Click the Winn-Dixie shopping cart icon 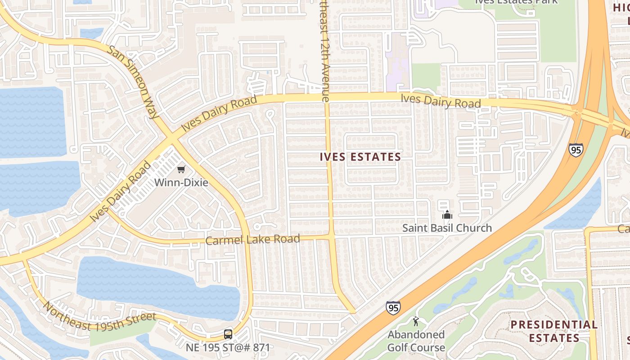coord(181,170)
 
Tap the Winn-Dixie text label coord(181,183)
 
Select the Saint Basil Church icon coord(447,215)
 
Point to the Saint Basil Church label coord(447,228)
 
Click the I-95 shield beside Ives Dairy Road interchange coord(576,149)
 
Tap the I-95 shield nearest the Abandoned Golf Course coord(393,308)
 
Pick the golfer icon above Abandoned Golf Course coord(416,321)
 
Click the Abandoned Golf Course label coord(416,341)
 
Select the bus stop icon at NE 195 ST coord(228,334)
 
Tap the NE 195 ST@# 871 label coord(228,347)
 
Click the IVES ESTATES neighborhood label coord(360,157)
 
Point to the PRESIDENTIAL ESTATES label coord(554,331)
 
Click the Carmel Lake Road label coord(252,239)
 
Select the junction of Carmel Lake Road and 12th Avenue coord(331,237)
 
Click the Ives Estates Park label coord(517,2)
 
